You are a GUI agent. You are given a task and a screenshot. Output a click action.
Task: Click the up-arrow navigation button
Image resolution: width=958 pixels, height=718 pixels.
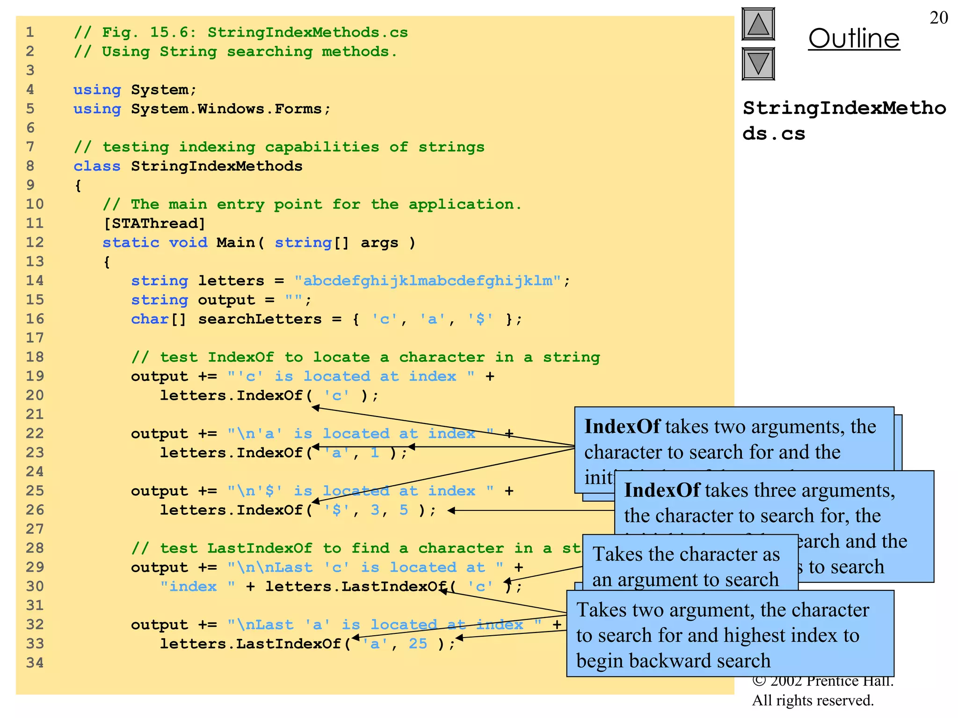(758, 24)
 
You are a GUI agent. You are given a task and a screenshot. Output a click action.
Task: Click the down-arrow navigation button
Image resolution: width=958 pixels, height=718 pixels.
(758, 64)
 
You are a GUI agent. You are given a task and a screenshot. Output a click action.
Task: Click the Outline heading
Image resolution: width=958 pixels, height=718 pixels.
(854, 38)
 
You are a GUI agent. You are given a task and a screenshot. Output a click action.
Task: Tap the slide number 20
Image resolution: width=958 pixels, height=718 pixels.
(938, 18)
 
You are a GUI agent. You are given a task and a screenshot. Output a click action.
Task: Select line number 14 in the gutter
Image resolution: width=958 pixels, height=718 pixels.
(35, 280)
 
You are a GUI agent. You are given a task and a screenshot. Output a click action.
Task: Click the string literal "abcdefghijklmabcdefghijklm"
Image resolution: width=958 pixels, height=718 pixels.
(427, 280)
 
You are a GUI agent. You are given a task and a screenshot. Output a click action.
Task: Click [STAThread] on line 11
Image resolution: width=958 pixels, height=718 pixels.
(154, 223)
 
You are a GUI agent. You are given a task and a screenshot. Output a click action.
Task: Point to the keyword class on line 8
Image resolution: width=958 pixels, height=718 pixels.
(97, 166)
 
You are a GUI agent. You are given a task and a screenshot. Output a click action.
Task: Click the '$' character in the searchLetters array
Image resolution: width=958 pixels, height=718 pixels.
(480, 319)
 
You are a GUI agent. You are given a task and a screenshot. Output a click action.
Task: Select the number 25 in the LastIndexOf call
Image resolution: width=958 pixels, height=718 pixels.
(418, 644)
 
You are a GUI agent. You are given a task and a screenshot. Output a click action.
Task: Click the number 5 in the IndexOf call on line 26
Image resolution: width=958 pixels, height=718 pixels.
(404, 510)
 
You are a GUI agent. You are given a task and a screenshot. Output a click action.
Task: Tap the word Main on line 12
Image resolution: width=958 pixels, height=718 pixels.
(235, 243)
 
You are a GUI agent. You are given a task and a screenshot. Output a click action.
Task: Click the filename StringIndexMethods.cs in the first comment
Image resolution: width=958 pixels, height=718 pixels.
(307, 32)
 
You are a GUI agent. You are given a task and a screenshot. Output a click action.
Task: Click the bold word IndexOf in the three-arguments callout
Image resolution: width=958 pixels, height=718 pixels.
(662, 490)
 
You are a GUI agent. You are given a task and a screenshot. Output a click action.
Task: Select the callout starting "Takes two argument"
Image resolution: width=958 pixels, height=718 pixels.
(730, 634)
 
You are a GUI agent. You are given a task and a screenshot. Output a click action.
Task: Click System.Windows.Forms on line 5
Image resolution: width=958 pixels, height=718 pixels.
(226, 109)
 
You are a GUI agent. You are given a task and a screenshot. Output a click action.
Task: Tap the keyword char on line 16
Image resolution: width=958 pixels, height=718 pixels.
(150, 319)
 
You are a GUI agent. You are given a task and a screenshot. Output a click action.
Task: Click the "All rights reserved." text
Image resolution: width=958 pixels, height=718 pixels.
(813, 700)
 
